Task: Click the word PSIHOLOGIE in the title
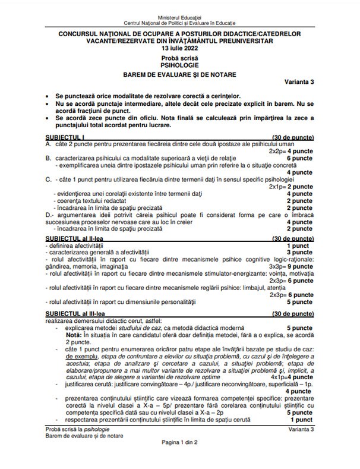179,64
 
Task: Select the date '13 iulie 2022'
179,49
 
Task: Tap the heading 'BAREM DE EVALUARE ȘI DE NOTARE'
179,74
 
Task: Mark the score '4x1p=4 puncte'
291,377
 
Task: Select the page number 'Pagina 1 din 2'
179,459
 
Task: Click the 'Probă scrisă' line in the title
179,56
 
